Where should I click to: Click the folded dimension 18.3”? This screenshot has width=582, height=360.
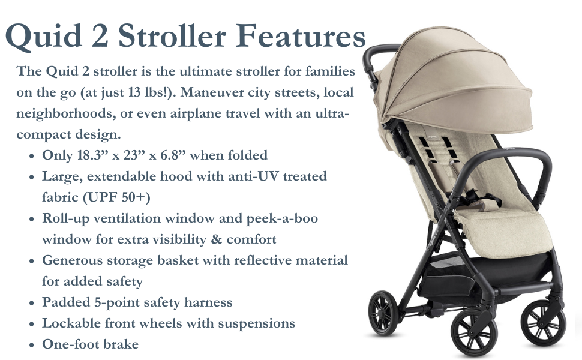(92, 155)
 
